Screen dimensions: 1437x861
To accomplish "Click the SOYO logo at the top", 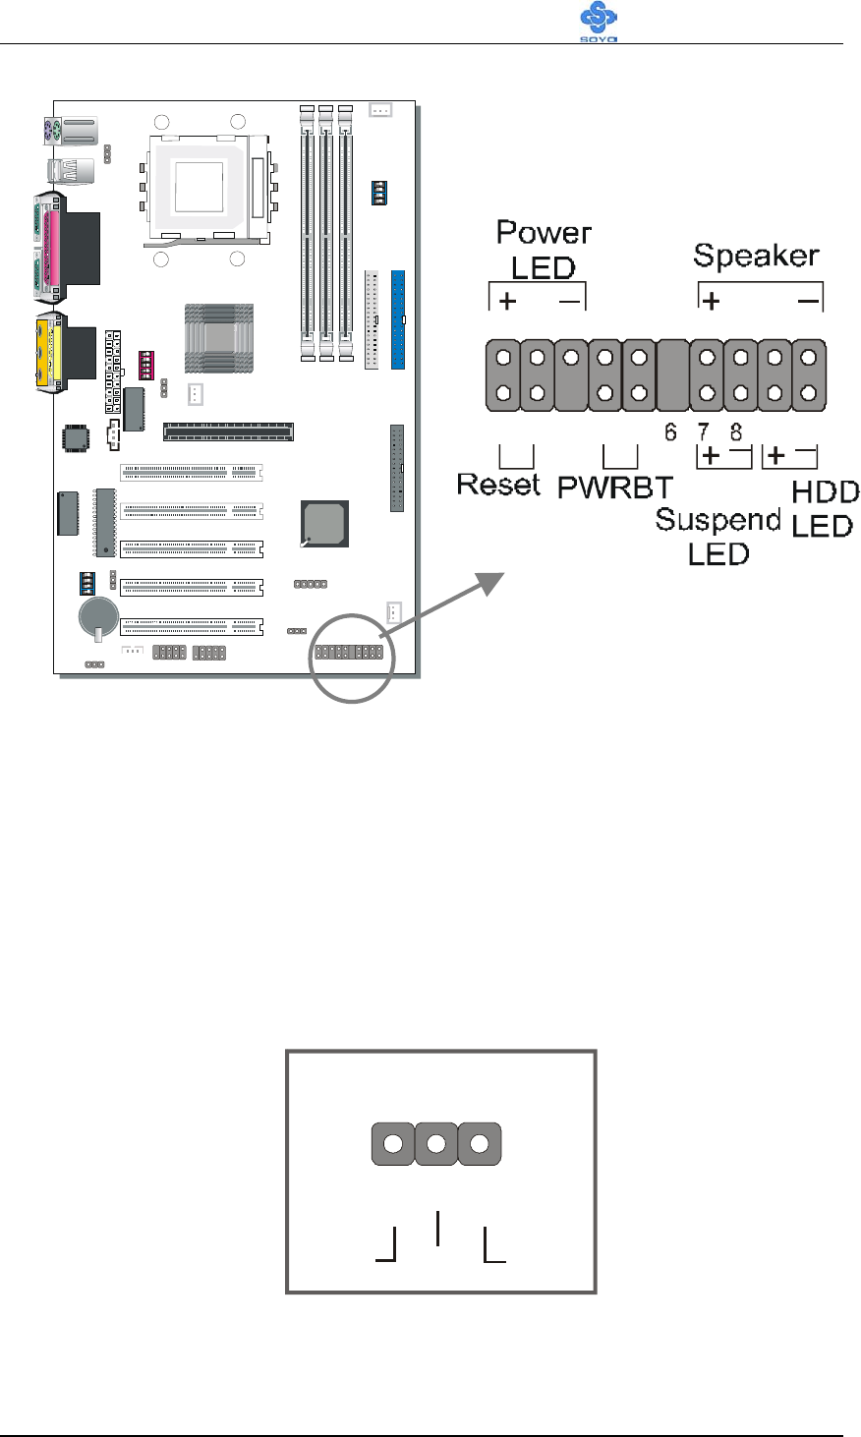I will coord(600,22).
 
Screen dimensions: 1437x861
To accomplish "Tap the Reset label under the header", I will coord(498,484).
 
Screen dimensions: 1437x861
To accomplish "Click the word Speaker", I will coord(756,257).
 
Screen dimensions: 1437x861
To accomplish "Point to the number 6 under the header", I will coord(670,431).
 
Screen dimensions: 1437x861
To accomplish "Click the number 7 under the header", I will coord(704,431).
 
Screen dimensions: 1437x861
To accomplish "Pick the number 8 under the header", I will coord(735,431).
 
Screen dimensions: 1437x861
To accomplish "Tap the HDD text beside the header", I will coord(825,492).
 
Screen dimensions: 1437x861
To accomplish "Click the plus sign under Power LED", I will coord(506,303).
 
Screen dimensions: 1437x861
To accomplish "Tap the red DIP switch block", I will coord(147,365).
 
